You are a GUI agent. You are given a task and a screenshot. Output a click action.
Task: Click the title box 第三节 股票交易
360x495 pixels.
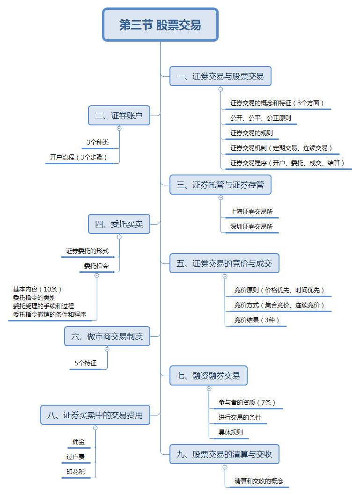click(x=160, y=24)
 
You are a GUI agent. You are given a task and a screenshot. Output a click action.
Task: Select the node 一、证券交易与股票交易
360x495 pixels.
click(x=220, y=76)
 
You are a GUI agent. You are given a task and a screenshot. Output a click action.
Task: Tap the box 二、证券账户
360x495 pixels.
click(x=119, y=116)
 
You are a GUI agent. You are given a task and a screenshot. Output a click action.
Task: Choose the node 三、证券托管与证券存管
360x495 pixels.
click(x=220, y=185)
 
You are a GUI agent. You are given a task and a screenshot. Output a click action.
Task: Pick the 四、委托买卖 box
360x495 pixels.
click(x=119, y=224)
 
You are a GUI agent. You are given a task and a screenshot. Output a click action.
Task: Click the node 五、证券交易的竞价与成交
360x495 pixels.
click(x=224, y=263)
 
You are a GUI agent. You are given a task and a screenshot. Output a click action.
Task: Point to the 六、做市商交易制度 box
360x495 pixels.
click(x=107, y=336)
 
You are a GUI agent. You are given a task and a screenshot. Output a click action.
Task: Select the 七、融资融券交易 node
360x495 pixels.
click(x=208, y=376)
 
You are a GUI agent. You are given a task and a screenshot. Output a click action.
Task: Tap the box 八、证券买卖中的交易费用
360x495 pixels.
click(x=95, y=415)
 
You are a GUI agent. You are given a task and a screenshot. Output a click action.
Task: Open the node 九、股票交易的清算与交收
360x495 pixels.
click(x=224, y=454)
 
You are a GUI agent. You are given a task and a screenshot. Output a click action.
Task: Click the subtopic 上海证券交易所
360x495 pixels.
click(x=251, y=211)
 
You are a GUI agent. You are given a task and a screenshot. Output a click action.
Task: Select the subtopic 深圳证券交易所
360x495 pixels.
click(x=251, y=226)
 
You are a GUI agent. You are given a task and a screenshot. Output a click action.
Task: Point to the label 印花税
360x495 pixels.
click(x=75, y=472)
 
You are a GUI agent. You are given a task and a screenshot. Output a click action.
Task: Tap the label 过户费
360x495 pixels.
click(x=75, y=457)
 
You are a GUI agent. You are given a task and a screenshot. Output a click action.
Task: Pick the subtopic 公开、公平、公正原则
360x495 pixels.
click(x=260, y=118)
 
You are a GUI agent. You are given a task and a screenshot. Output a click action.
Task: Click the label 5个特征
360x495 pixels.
click(x=85, y=363)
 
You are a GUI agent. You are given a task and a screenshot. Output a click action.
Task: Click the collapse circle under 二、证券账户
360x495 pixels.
click(x=119, y=128)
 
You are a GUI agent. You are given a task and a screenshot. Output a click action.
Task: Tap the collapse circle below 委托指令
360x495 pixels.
click(x=97, y=276)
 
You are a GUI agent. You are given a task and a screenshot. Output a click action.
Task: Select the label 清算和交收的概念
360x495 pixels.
click(x=259, y=481)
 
